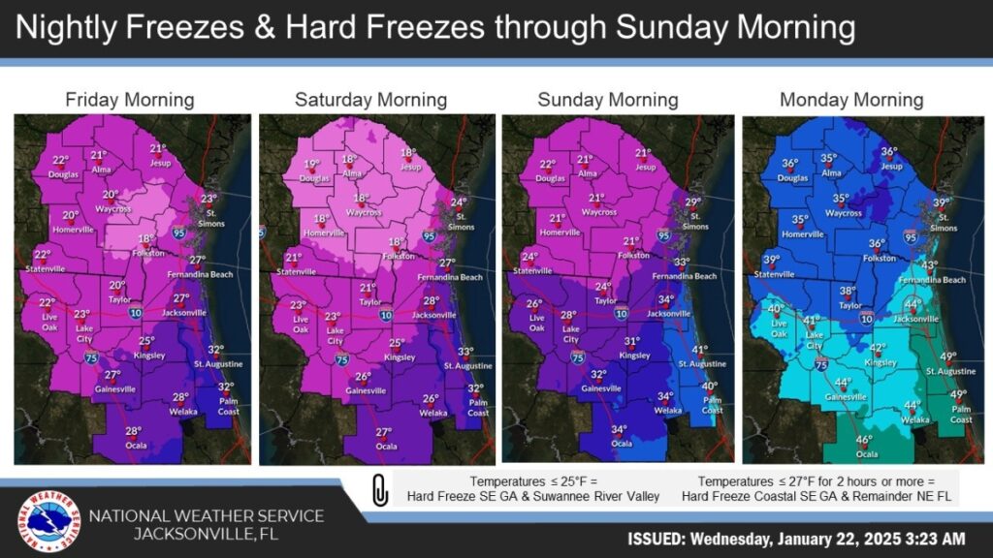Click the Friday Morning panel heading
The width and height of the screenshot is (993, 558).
pyautogui.click(x=129, y=100)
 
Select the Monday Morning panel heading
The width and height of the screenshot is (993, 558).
pyautogui.click(x=851, y=100)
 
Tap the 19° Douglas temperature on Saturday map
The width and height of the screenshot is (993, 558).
pyautogui.click(x=312, y=165)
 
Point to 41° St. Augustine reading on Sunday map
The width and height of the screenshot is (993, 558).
pyautogui.click(x=699, y=350)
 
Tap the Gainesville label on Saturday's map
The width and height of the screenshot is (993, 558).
pyautogui.click(x=358, y=390)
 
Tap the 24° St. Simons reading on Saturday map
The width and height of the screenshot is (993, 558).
pyautogui.click(x=459, y=201)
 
